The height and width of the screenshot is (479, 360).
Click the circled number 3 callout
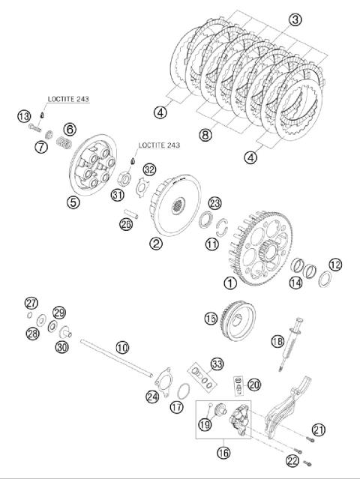(x=295, y=19)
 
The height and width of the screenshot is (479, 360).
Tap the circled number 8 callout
(x=205, y=134)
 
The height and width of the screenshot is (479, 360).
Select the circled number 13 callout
(x=24, y=116)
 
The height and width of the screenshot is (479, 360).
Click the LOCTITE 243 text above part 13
(x=68, y=99)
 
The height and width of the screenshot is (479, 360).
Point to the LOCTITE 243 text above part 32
(x=159, y=145)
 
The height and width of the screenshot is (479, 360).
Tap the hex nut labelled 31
(x=125, y=178)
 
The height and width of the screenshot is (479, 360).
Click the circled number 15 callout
(x=211, y=319)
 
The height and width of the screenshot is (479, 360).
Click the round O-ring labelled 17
(x=183, y=391)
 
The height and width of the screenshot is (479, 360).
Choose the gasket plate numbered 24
(x=163, y=382)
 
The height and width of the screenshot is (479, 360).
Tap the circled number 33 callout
(x=217, y=364)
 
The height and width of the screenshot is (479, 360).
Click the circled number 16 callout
(x=223, y=453)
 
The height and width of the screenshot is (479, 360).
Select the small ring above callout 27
(x=30, y=315)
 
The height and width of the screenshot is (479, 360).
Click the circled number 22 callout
(x=292, y=461)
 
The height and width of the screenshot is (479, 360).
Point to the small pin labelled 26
(x=130, y=214)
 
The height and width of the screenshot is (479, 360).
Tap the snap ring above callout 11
(x=222, y=228)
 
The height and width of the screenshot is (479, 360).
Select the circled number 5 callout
(x=73, y=202)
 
